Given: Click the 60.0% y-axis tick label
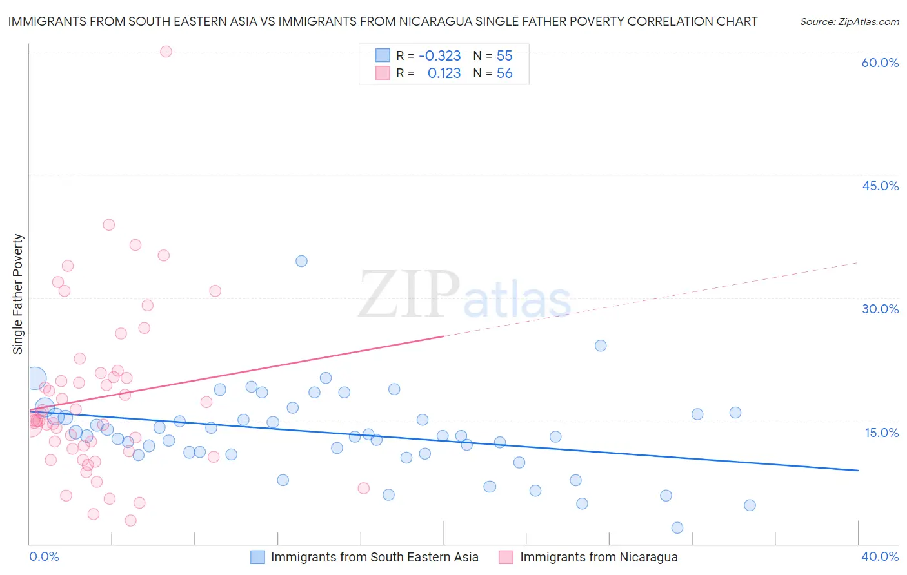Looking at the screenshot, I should tap(880, 63).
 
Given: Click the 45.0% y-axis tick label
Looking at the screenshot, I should tap(880, 186).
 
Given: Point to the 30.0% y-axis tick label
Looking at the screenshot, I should tap(880, 309).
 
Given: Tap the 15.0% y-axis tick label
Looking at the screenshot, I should tap(881, 433).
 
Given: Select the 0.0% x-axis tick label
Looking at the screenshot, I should tap(44, 556).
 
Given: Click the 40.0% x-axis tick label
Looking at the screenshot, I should tap(880, 556).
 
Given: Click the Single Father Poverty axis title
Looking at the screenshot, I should tap(17, 294).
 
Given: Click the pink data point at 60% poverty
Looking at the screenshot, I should tap(166, 52).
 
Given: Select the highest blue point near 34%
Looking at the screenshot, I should tap(301, 261).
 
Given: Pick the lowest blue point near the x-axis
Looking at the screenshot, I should tap(677, 528).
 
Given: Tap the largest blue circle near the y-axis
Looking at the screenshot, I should tap(36, 378).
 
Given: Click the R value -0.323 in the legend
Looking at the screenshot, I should tap(439, 56).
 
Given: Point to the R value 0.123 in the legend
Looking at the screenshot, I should tap(444, 73).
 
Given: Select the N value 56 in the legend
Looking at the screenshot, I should tap(504, 73).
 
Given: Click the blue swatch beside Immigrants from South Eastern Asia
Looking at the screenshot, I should tap(257, 557).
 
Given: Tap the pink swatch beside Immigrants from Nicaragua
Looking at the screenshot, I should tap(506, 557).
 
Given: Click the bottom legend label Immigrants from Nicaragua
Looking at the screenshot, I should tap(599, 557).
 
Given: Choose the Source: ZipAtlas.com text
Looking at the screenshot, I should tap(849, 21).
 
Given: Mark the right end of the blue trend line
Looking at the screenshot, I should tap(858, 471).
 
